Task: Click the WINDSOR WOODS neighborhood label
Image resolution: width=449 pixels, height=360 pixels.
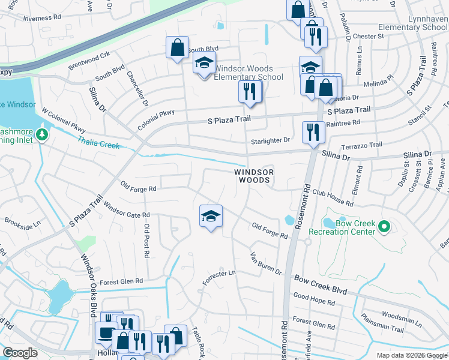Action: (x=253, y=176)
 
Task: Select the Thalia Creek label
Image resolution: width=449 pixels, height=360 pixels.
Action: (x=98, y=142)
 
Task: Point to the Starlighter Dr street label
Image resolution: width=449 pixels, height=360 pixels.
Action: (x=270, y=140)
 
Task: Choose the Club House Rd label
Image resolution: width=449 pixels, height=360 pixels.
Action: (x=333, y=199)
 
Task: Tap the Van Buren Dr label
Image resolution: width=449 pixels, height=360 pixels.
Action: (x=266, y=263)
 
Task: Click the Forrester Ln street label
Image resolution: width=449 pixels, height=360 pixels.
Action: (x=219, y=277)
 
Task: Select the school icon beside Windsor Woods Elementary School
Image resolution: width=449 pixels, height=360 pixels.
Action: (x=204, y=63)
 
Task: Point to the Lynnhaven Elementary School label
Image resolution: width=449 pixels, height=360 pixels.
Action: (x=413, y=23)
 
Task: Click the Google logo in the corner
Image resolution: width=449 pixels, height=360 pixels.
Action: (x=20, y=353)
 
